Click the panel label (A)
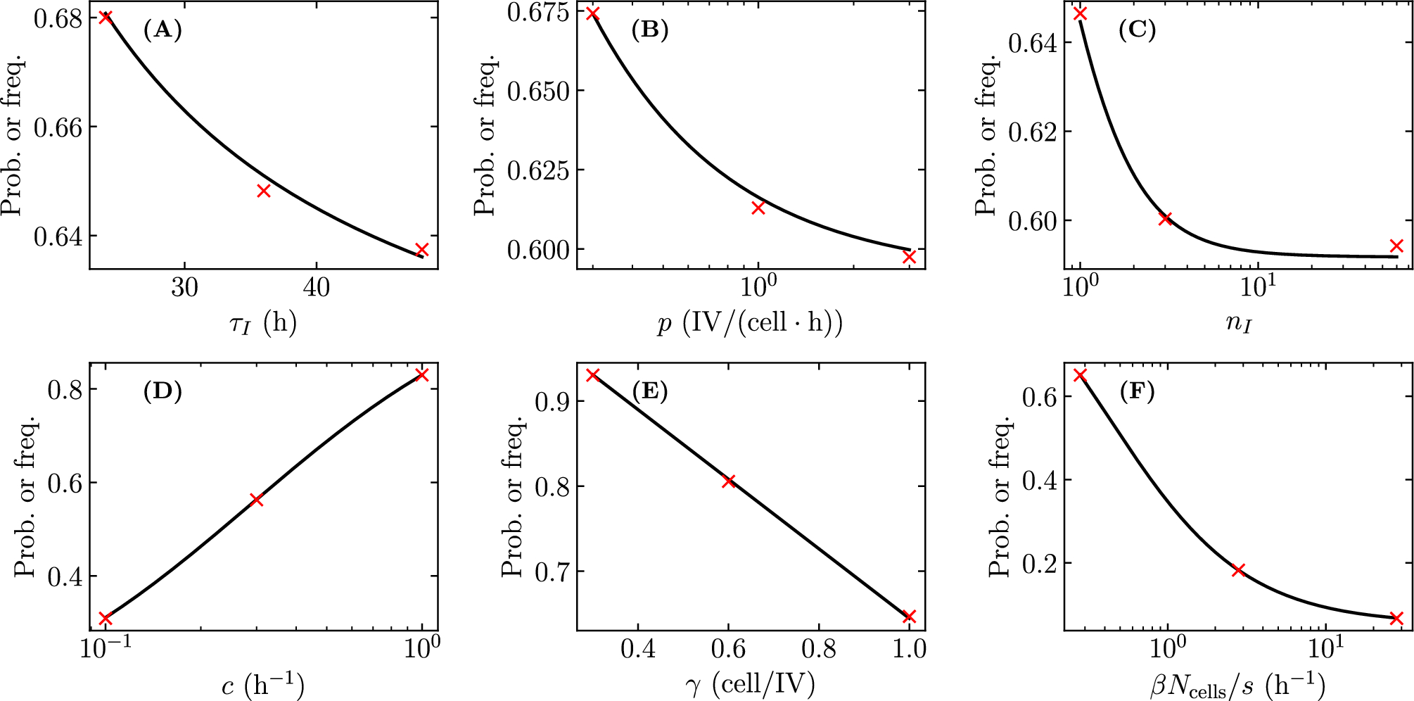(163, 30)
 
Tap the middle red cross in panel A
(264, 191)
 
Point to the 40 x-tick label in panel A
(316, 287)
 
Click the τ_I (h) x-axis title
(263, 323)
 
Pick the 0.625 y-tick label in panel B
(537, 170)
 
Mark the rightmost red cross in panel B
(909, 257)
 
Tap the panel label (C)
(1137, 30)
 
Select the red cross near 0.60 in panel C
(1165, 219)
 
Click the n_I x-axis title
(1239, 323)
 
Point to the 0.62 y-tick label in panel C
(1033, 132)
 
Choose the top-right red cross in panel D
(422, 374)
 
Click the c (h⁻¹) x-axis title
(263, 684)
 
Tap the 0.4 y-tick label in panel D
(65, 577)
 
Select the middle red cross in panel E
(729, 481)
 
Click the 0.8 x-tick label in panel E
(819, 648)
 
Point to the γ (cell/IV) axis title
(750, 684)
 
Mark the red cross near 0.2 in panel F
(1239, 570)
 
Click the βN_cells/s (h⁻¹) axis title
(1238, 685)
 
